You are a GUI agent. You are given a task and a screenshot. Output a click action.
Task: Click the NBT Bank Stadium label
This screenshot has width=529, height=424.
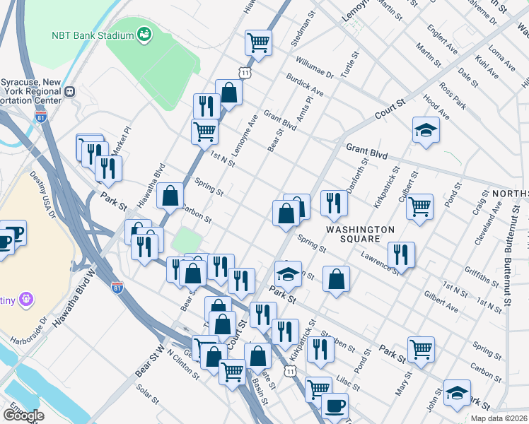click(x=92, y=35)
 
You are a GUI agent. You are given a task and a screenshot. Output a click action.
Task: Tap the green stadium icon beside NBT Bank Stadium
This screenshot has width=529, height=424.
click(x=144, y=34)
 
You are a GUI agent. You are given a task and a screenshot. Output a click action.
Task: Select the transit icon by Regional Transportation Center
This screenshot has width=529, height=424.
click(x=70, y=91)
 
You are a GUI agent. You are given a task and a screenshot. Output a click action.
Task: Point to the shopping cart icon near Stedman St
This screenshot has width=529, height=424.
click(x=259, y=42)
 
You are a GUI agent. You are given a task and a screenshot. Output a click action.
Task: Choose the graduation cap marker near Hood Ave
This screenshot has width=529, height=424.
click(x=425, y=130)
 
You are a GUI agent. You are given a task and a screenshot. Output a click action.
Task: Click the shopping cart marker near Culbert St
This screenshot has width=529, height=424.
click(x=420, y=206)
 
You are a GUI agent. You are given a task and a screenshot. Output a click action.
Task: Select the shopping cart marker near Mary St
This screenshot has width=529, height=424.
click(x=421, y=349)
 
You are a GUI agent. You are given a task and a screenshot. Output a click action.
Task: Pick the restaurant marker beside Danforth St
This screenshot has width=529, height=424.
click(x=334, y=202)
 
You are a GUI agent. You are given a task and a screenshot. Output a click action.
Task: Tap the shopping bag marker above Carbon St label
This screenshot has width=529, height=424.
click(x=170, y=196)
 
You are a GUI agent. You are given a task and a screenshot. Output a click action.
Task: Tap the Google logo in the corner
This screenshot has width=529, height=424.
click(x=23, y=416)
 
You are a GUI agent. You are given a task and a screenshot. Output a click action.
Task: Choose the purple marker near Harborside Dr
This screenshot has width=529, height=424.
click(x=27, y=299)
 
